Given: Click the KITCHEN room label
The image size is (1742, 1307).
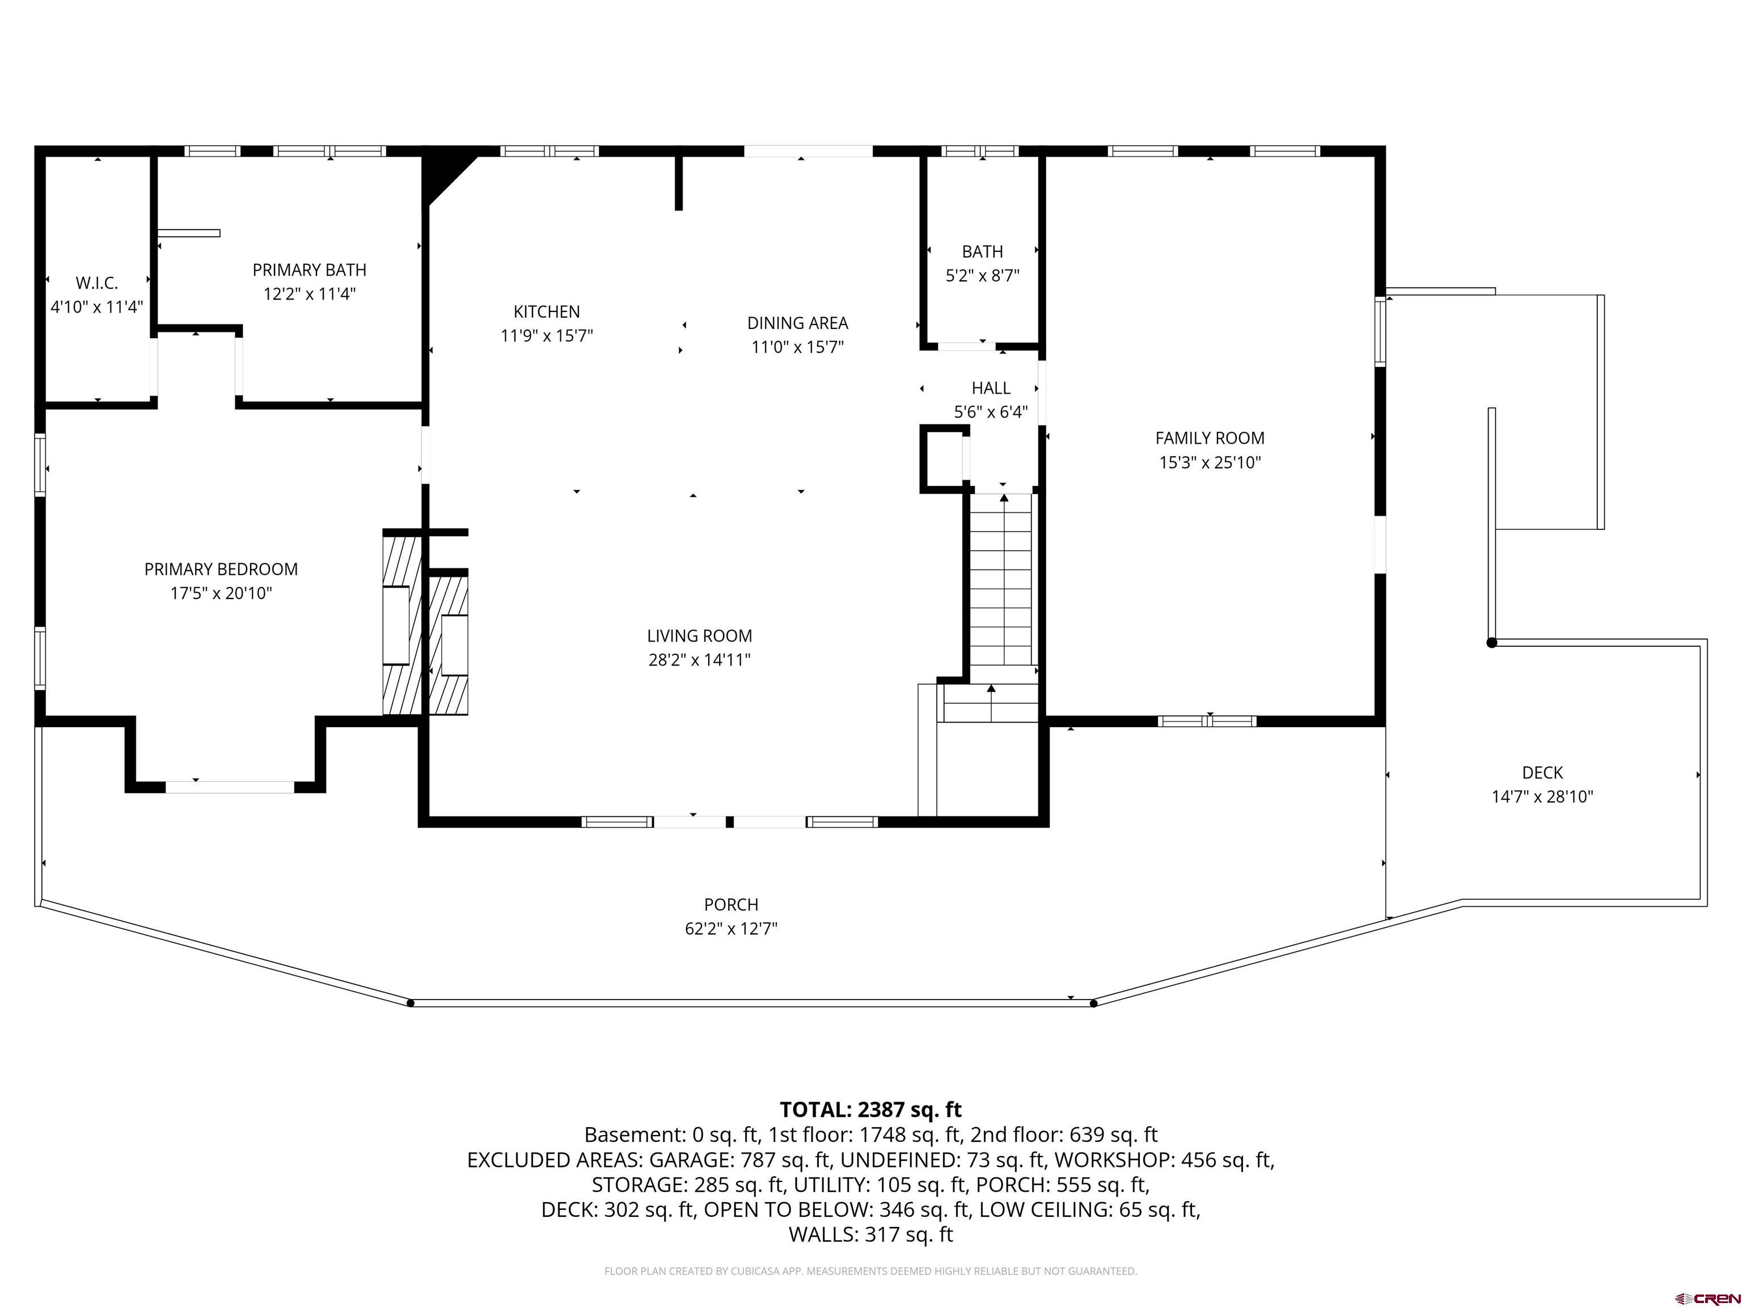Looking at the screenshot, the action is pyautogui.click(x=547, y=312).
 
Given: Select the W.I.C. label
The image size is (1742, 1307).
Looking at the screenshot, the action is pyautogui.click(x=97, y=283).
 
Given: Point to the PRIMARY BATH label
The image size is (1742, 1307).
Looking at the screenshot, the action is pyautogui.click(x=310, y=270).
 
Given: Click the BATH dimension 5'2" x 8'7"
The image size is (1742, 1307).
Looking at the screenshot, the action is pyautogui.click(x=982, y=276).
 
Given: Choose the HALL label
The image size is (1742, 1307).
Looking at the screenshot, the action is pyautogui.click(x=991, y=389).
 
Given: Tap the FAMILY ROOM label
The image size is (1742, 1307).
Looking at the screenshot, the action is pyautogui.click(x=1210, y=438).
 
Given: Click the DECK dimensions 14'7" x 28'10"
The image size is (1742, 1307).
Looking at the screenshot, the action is pyautogui.click(x=1542, y=796).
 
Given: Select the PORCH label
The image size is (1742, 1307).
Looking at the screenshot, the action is pyautogui.click(x=731, y=904).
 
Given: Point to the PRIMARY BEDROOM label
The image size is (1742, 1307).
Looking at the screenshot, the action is pyautogui.click(x=221, y=569).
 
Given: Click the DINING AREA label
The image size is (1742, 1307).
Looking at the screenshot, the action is pyautogui.click(x=798, y=323).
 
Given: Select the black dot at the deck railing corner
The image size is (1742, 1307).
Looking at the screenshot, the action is pyautogui.click(x=1491, y=643).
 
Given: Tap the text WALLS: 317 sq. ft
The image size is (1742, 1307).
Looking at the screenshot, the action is pyautogui.click(x=870, y=1234).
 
